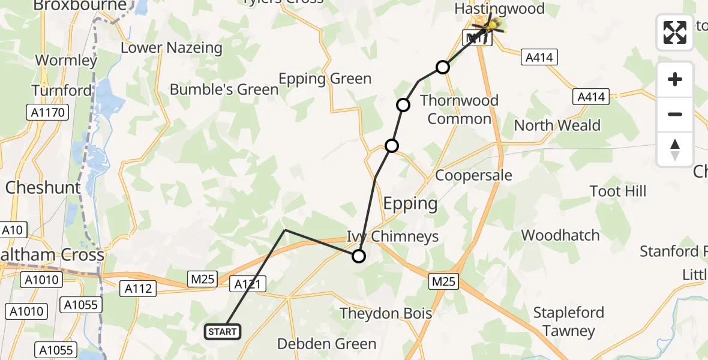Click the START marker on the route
tap(223, 332)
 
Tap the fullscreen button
tap(675, 32)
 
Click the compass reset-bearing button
tap(675, 149)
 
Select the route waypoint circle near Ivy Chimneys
tap(358, 256)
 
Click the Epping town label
tap(410, 203)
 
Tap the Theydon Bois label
tap(386, 313)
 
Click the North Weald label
tap(557, 125)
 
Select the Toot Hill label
tap(618, 191)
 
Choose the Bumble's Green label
tap(224, 90)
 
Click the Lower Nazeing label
tap(172, 48)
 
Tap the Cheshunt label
tap(43, 188)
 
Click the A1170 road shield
tap(47, 112)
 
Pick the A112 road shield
tap(139, 289)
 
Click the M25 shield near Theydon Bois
tap(443, 281)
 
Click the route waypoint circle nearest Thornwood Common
tap(442, 67)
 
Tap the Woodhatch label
tap(560, 235)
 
